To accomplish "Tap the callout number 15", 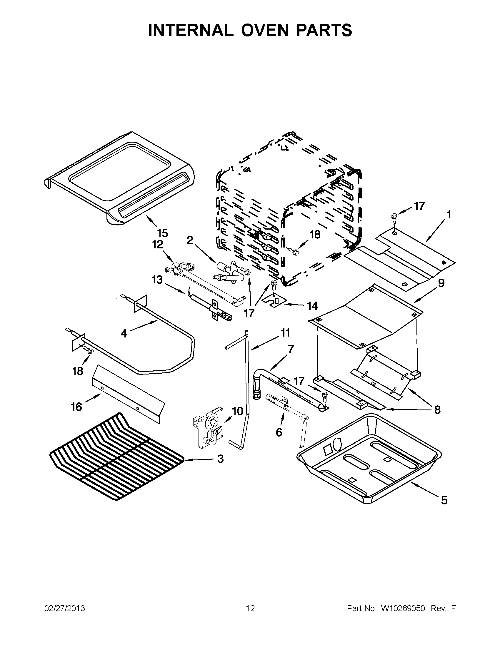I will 162,233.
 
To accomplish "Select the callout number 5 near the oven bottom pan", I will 444,500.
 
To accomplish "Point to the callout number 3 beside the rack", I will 220,459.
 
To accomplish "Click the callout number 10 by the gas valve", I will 237,411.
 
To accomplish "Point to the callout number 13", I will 157,279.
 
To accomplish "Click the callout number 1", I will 449,214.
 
